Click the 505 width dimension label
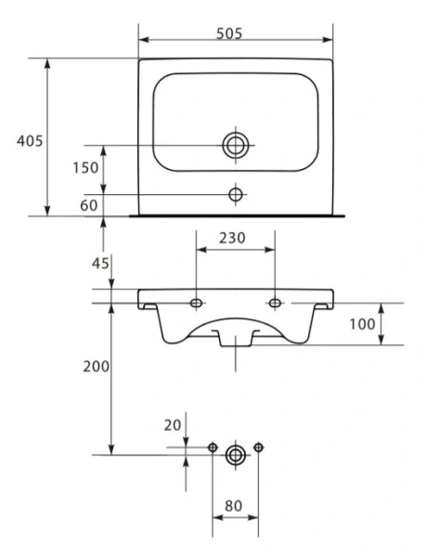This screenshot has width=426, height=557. pos(229,33)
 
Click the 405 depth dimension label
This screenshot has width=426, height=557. pos(30,141)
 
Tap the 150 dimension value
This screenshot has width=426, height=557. pos(85,168)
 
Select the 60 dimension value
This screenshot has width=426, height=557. pos(89,205)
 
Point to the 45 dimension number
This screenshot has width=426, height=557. pos(100,264)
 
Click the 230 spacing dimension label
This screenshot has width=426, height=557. pos(232,238)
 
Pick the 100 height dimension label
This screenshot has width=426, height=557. pos(362,324)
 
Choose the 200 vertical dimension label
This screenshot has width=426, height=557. pos(97,367)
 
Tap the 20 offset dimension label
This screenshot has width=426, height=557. pos(173,425)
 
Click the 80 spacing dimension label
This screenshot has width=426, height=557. pos(233,506)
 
